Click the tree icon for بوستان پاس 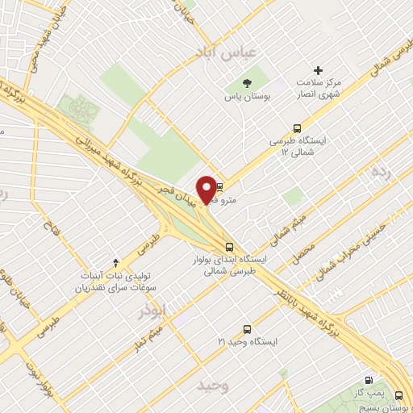(246, 82)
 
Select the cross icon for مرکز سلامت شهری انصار (319, 72)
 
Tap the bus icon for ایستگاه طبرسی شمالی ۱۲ (298, 127)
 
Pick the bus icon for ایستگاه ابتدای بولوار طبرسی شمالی (230, 247)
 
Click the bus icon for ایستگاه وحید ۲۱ (246, 328)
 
